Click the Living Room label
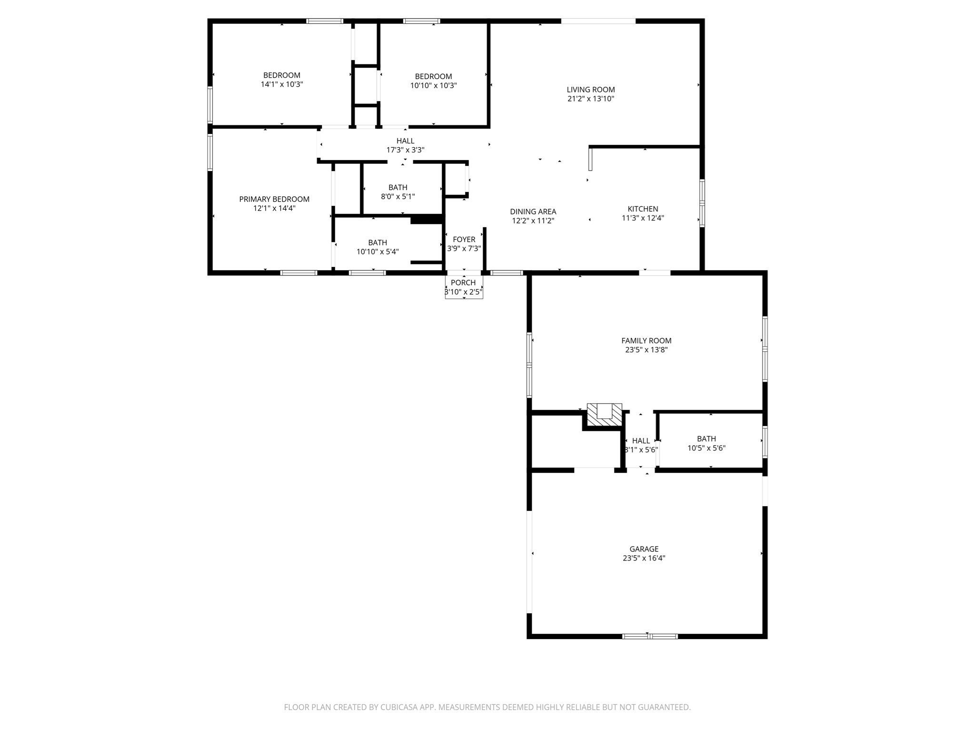pos(590,90)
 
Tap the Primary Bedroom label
pos(274,199)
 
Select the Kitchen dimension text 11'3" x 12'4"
pos(643,218)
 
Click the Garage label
pos(644,549)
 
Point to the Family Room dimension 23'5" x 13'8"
pos(647,350)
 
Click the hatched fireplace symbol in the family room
pos(604,414)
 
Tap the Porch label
pos(463,283)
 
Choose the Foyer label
pos(464,240)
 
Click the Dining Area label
pos(533,212)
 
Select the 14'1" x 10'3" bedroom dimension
pos(282,84)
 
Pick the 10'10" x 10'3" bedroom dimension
pos(433,86)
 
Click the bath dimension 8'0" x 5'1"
pos(398,196)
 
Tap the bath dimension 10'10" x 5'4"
pos(378,252)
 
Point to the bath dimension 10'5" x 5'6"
pos(706,448)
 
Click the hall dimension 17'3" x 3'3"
pos(405,150)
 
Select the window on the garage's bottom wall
pos(650,636)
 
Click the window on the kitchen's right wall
pos(702,203)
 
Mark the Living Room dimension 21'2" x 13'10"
pos(590,99)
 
